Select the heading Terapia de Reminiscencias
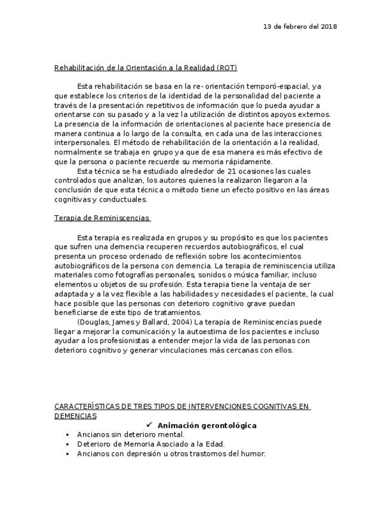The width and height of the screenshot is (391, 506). tap(101, 218)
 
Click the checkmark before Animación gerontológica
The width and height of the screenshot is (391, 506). tap(149, 425)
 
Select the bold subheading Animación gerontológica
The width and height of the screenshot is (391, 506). tap(207, 425)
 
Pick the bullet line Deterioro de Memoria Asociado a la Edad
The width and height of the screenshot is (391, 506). tap(150, 444)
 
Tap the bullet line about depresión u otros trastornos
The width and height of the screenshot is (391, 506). tap(171, 453)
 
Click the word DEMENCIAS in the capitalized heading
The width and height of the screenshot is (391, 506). tap(75, 416)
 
